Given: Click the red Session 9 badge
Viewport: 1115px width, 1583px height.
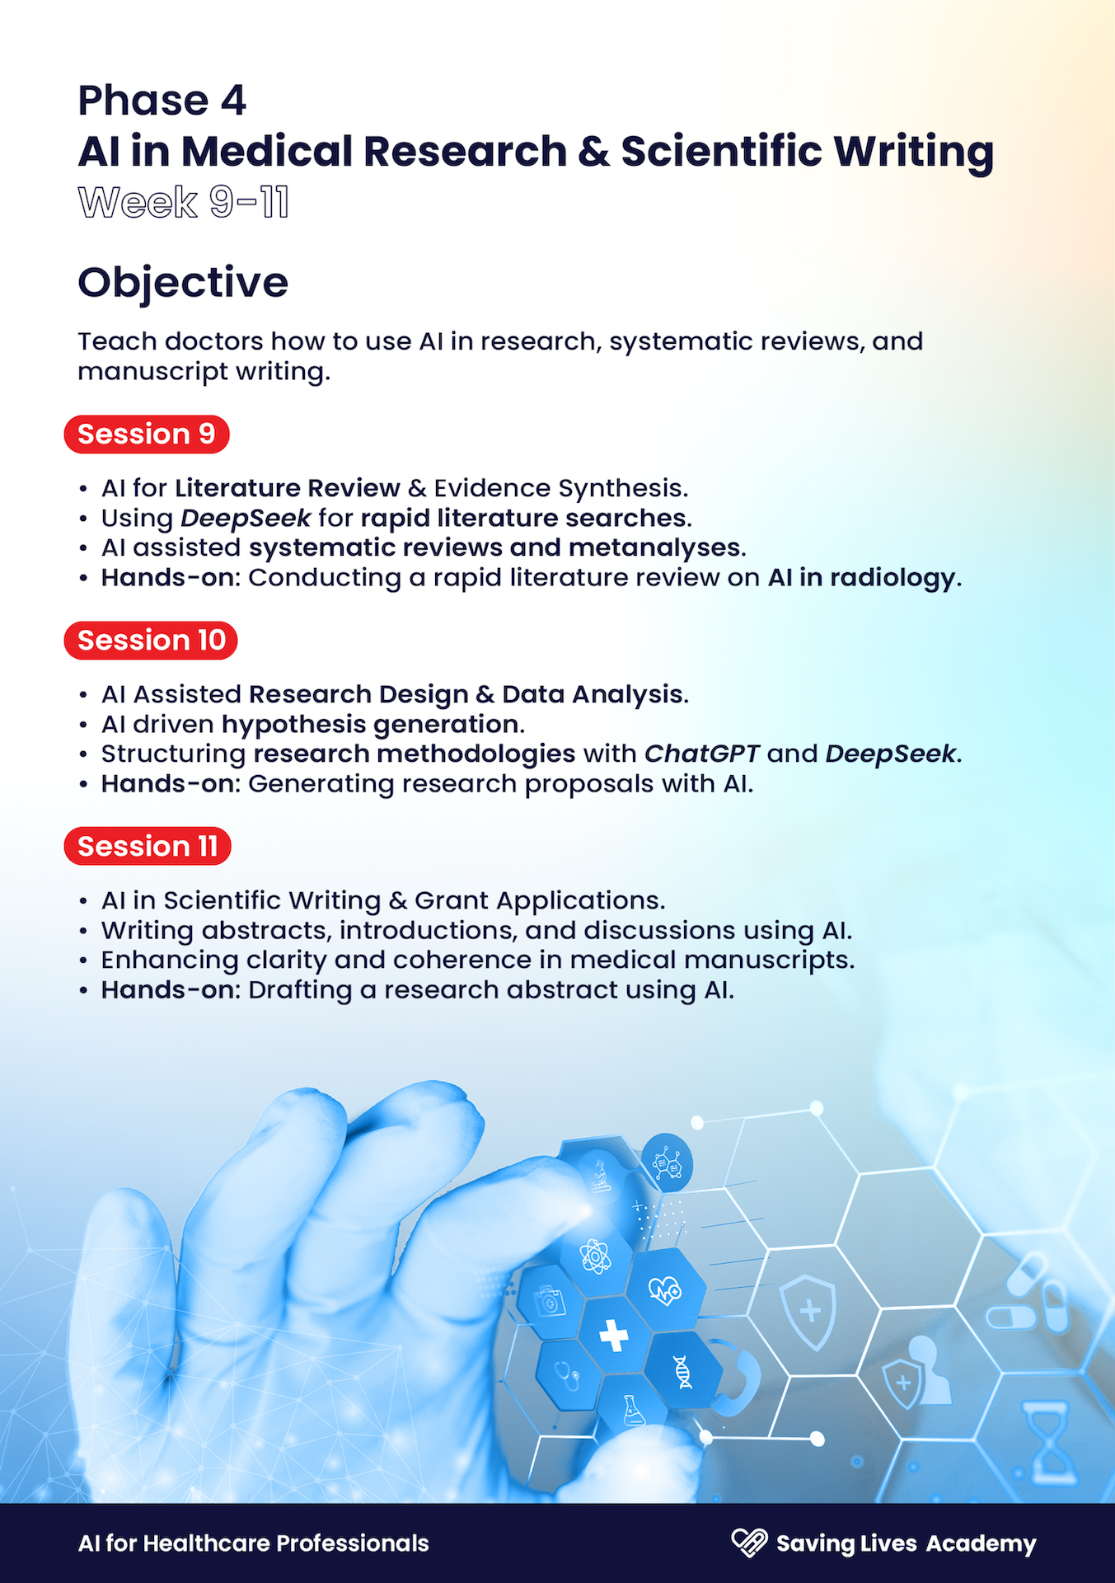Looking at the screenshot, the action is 147,434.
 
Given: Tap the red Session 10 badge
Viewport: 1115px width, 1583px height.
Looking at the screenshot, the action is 151,640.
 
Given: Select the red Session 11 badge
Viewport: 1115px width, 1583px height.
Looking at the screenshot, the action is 148,846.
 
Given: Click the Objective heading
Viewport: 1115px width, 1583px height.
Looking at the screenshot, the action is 183,283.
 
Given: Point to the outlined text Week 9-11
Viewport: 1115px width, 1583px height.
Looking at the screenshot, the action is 183,202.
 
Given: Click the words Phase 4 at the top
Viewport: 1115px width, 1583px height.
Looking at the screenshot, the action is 162,101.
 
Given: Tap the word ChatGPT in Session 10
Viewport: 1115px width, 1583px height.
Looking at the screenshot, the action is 702,754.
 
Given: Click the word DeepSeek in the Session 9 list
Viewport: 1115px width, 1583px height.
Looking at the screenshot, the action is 246,519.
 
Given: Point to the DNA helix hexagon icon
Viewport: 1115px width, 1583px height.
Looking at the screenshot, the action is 682,1372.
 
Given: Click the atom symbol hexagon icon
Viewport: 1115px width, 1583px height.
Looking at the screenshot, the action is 595,1257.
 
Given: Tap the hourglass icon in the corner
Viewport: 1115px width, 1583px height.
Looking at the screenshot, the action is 1049,1440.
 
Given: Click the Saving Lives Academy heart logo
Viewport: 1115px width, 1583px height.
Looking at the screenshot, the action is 749,1543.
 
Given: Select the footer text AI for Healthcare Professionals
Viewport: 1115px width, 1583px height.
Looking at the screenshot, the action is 254,1543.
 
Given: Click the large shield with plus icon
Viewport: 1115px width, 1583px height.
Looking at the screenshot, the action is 808,1312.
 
